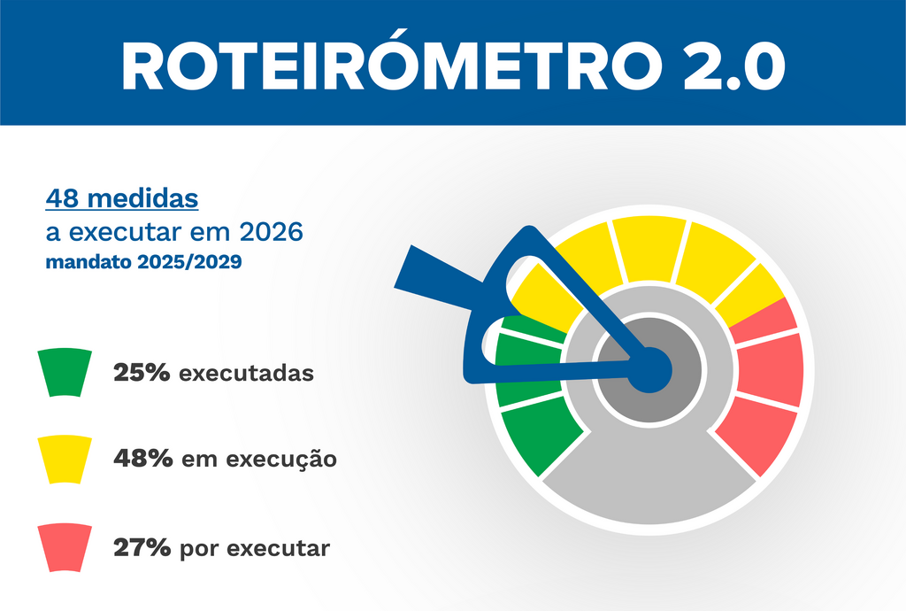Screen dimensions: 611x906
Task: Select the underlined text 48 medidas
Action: click(122, 198)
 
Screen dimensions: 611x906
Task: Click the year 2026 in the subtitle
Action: click(272, 232)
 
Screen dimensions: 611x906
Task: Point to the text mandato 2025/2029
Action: click(142, 263)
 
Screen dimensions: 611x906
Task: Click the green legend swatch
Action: click(65, 372)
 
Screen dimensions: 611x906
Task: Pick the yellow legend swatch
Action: click(65, 459)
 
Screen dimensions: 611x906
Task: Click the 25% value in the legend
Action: click(142, 373)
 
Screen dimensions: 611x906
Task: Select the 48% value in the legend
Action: click(142, 460)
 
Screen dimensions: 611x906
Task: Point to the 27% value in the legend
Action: click(142, 548)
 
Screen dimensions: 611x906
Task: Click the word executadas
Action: click(246, 374)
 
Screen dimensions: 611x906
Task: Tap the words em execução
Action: click(258, 460)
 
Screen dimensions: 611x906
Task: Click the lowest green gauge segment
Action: click(540, 436)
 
